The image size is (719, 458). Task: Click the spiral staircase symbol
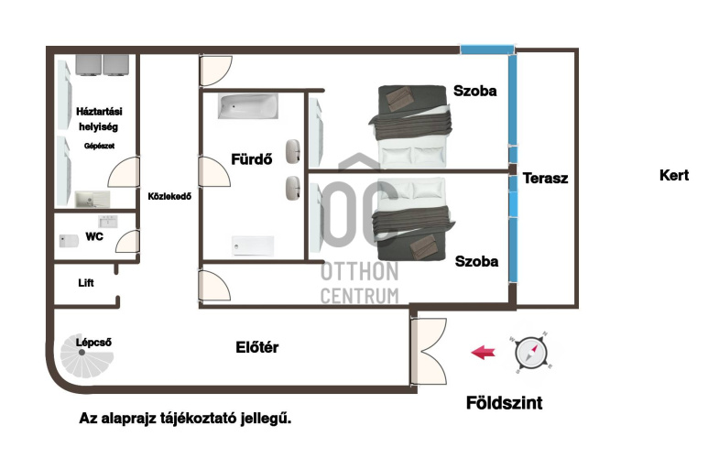pyautogui.click(x=86, y=356)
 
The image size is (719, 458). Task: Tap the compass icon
pyautogui.click(x=530, y=353)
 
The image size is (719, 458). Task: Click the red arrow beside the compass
pyautogui.click(x=484, y=353)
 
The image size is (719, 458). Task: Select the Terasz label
pyautogui.click(x=545, y=178)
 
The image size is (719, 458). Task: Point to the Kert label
pyautogui.click(x=674, y=175)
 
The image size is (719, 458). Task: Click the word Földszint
pyautogui.click(x=504, y=403)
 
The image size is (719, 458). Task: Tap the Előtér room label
pyautogui.click(x=256, y=347)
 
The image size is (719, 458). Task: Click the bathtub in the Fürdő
pyautogui.click(x=248, y=106)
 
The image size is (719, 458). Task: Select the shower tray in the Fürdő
pyautogui.click(x=253, y=245)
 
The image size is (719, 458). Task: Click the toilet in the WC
pyautogui.click(x=69, y=241)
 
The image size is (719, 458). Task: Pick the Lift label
pyautogui.click(x=86, y=283)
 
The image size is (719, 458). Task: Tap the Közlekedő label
pyautogui.click(x=169, y=196)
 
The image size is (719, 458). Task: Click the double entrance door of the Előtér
pyautogui.click(x=429, y=352)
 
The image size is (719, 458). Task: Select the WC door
pyautogui.click(x=127, y=241)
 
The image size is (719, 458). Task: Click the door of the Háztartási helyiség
pyautogui.click(x=124, y=172)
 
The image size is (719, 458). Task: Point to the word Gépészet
pyautogui.click(x=99, y=146)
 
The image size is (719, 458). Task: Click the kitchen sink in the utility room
pyautogui.click(x=93, y=200)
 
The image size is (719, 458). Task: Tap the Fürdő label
pyautogui.click(x=251, y=159)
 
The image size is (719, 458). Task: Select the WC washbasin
pyautogui.click(x=108, y=222)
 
